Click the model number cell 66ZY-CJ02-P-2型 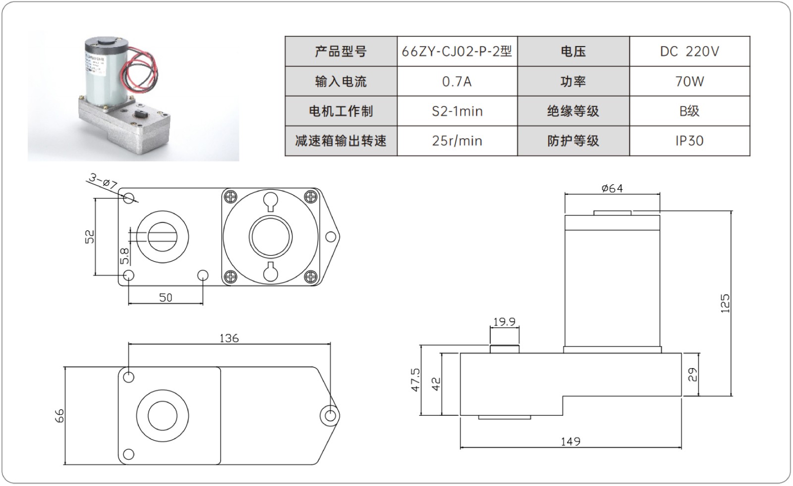click(456, 52)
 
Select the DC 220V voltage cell click(689, 52)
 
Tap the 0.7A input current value click(456, 81)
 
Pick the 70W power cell click(689, 81)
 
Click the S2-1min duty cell click(456, 111)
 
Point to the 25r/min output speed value click(456, 141)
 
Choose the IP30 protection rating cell click(689, 141)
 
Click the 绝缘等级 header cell click(573, 111)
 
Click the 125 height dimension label click(725, 303)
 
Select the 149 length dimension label click(570, 441)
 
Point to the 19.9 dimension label click(504, 322)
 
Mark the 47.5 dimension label click(415, 379)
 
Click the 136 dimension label click(228, 338)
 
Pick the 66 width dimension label click(59, 415)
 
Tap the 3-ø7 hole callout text click(103, 181)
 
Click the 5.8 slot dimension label click(124, 256)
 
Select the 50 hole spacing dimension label click(166, 297)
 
